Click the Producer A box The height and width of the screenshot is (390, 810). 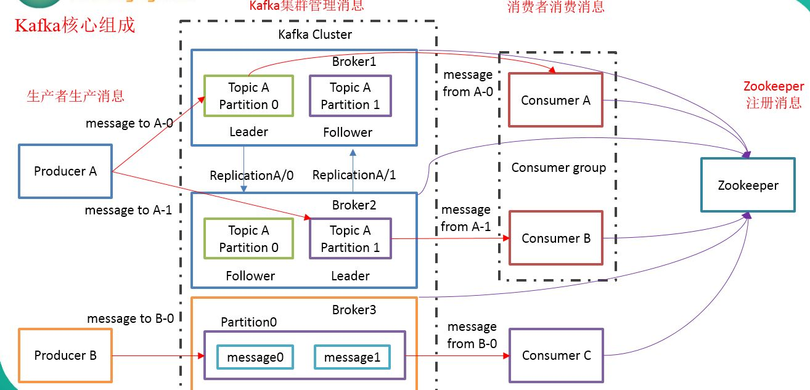(x=65, y=171)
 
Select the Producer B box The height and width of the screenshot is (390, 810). (x=65, y=355)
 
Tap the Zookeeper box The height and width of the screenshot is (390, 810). (x=748, y=185)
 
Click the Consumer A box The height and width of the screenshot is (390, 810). (x=555, y=100)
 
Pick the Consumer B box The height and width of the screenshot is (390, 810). (x=555, y=238)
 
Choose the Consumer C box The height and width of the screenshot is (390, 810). (x=556, y=355)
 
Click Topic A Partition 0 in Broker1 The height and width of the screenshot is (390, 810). (x=248, y=96)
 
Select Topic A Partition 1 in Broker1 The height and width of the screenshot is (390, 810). (x=350, y=96)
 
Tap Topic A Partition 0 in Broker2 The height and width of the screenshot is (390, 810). (x=248, y=239)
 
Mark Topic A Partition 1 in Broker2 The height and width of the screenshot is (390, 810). (x=350, y=239)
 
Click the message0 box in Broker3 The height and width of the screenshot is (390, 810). (x=255, y=357)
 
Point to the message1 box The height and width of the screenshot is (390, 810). (x=351, y=357)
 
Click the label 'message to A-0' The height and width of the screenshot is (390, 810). (x=129, y=123)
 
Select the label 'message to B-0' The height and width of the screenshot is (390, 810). (x=130, y=319)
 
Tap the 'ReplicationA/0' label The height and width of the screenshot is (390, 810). (x=252, y=175)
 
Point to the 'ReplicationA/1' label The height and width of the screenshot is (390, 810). (x=354, y=175)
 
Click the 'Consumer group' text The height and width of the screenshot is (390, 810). (x=558, y=168)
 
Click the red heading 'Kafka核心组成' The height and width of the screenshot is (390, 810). (x=75, y=27)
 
